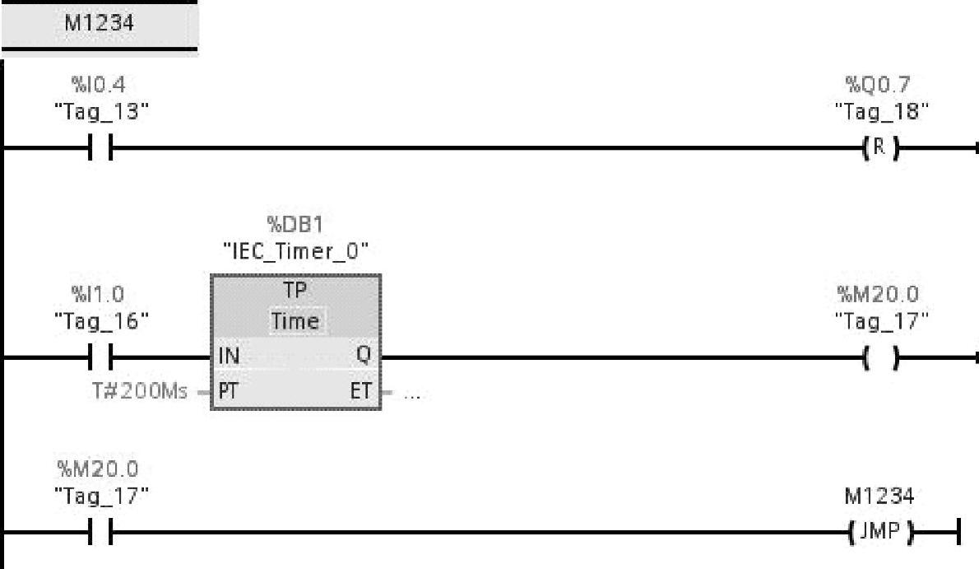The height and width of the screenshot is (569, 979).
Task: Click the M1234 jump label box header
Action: (99, 24)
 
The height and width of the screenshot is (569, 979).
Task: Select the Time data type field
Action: (295, 320)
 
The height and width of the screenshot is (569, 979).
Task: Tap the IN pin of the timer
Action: (229, 357)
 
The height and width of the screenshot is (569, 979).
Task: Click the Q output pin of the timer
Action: (364, 357)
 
